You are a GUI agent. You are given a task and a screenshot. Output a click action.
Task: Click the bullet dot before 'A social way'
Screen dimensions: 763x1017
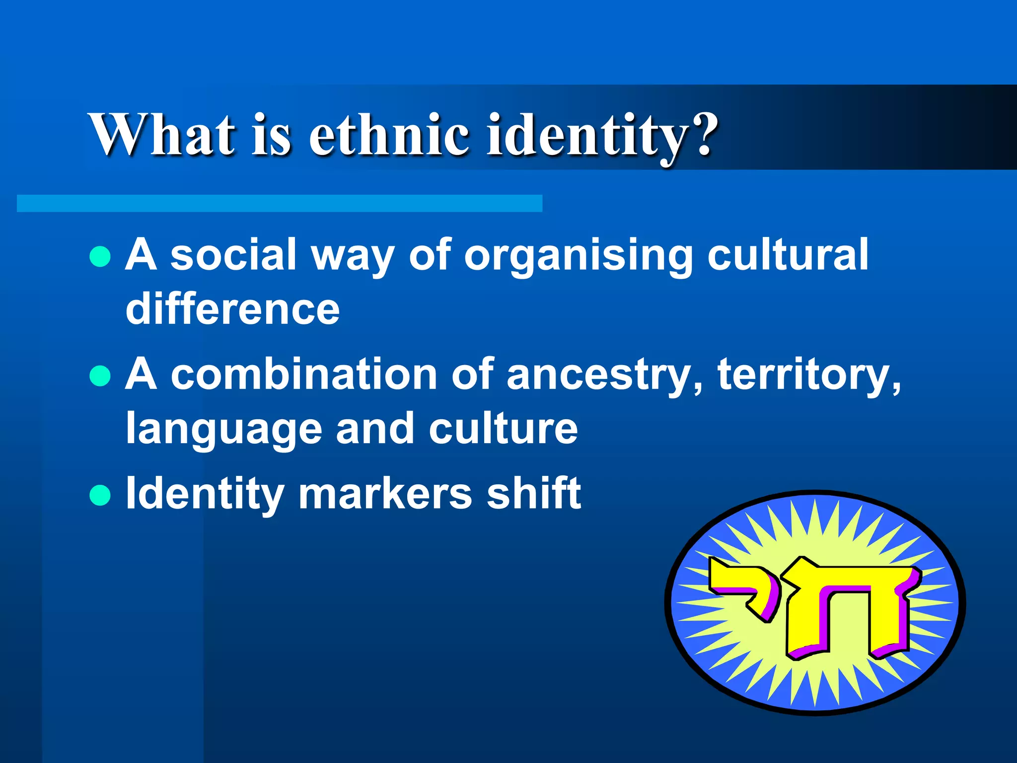tap(100, 256)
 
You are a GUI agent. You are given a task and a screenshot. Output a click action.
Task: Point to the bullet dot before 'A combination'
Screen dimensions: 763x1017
tap(100, 376)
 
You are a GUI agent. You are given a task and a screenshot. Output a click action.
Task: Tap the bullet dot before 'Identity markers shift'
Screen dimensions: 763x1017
tap(100, 495)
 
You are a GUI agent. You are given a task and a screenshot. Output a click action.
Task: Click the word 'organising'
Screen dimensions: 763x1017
tap(578, 256)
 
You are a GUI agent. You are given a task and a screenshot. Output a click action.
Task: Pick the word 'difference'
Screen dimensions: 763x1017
tap(232, 309)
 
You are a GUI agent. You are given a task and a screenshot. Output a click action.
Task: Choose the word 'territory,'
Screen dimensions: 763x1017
tap(809, 376)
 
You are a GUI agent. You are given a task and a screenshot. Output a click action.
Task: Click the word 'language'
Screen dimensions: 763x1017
tap(224, 430)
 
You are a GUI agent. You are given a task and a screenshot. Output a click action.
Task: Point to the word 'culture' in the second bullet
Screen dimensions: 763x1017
tap(503, 428)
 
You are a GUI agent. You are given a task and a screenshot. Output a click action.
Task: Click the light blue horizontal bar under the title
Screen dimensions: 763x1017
tap(279, 203)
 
